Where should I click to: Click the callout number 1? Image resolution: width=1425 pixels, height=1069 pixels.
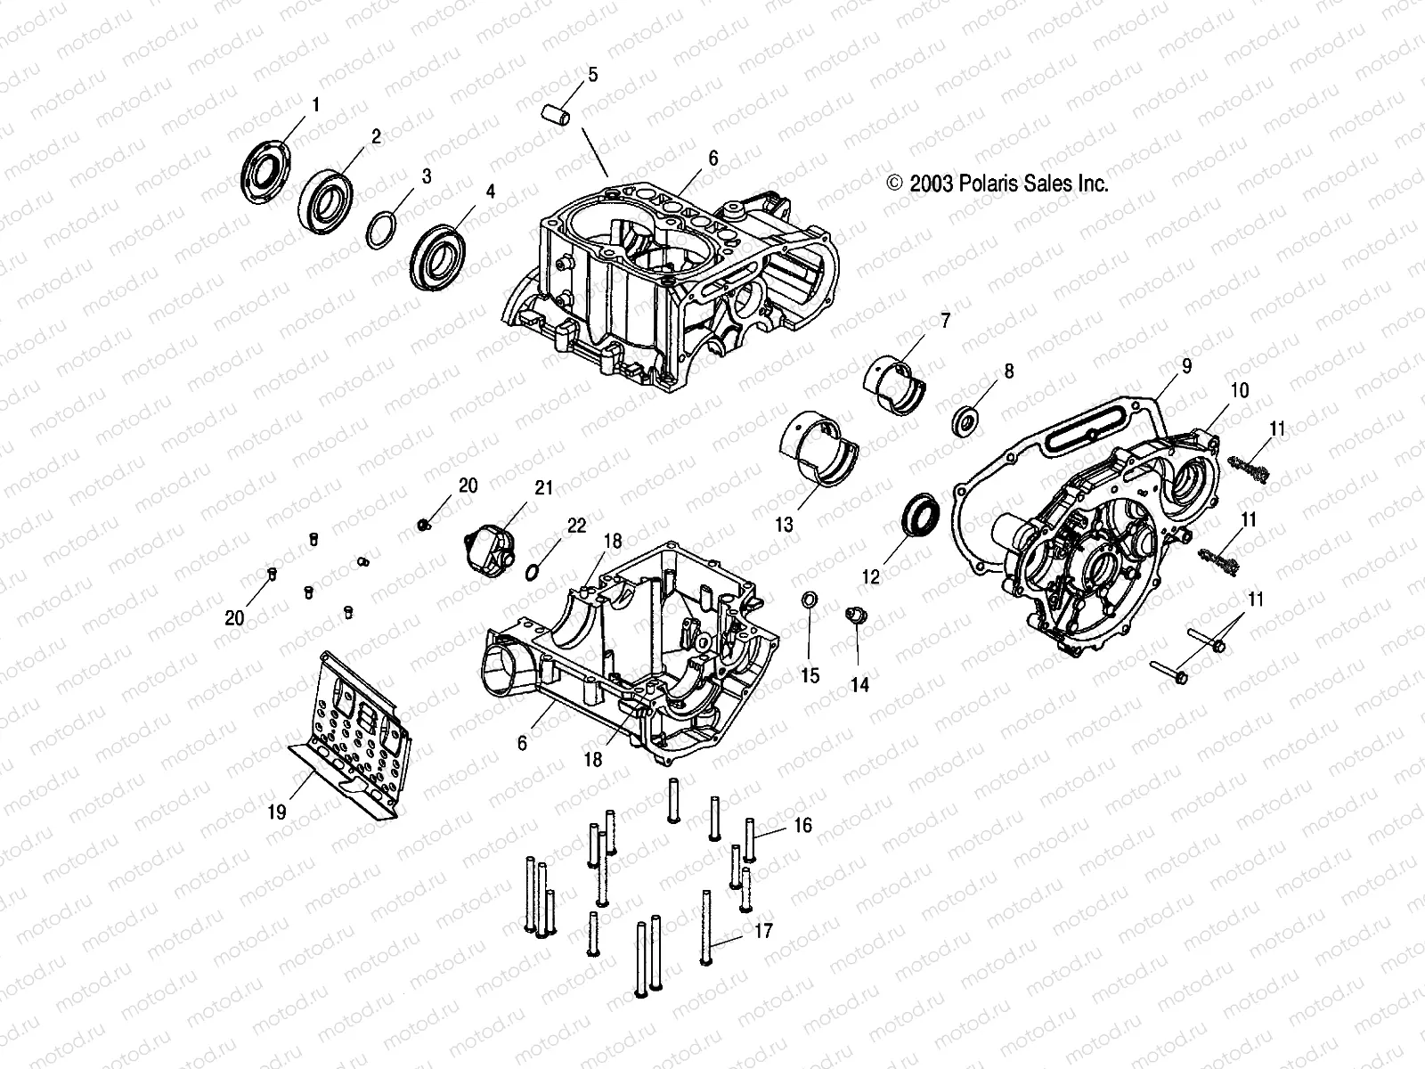point(314,105)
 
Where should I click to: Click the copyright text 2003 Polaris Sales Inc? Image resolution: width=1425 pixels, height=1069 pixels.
point(997,184)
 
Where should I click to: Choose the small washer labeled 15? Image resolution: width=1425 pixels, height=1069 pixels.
point(810,600)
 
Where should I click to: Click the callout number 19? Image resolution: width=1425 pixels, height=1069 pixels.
point(277,812)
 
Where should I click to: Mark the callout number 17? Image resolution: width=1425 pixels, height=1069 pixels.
point(762,931)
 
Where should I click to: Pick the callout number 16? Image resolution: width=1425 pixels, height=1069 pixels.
point(802,826)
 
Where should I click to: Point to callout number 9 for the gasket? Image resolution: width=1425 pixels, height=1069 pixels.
point(1187,365)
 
